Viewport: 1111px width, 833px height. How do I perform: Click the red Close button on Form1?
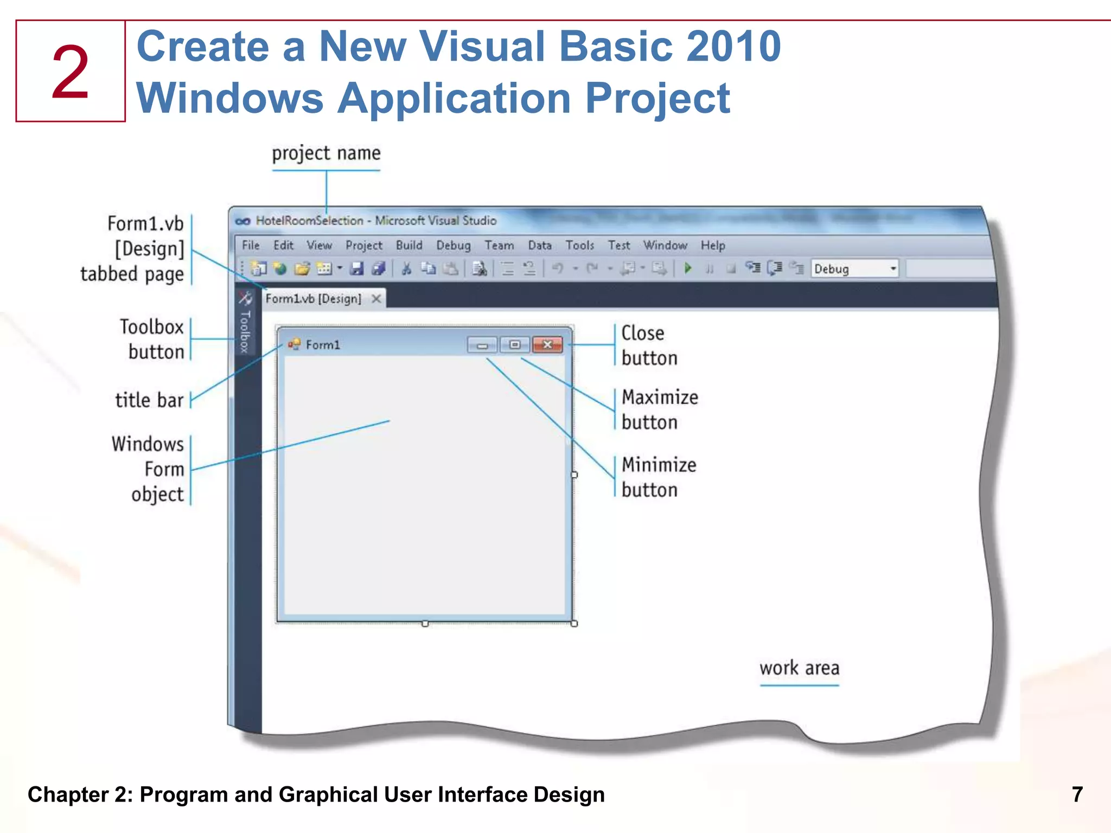coord(547,344)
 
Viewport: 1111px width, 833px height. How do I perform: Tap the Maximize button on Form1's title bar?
coord(515,344)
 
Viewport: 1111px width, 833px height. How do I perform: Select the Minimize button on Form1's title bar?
coord(482,345)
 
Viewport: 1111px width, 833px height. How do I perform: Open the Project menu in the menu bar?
coord(363,246)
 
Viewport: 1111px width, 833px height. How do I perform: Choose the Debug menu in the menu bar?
coord(453,246)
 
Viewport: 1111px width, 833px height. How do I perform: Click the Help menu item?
coord(712,246)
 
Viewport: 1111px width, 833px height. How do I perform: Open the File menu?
coord(250,245)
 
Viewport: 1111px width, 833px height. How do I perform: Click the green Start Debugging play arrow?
coord(688,268)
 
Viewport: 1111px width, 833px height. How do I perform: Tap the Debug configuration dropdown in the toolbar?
coord(855,268)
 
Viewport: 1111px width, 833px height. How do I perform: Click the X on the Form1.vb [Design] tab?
coord(376,299)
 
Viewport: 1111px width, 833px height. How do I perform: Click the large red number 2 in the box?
coord(70,72)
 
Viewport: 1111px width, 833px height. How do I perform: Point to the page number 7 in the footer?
coord(1077,794)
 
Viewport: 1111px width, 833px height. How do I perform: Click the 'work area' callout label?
coord(799,668)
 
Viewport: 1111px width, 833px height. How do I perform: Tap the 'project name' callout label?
coord(326,153)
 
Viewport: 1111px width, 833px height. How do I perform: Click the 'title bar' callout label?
coord(149,400)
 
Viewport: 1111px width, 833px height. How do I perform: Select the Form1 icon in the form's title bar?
coord(294,344)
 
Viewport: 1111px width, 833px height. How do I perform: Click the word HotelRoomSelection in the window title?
coord(309,221)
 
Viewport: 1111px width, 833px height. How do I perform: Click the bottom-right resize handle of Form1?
coord(574,624)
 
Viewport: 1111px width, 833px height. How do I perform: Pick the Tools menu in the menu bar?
coord(579,246)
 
